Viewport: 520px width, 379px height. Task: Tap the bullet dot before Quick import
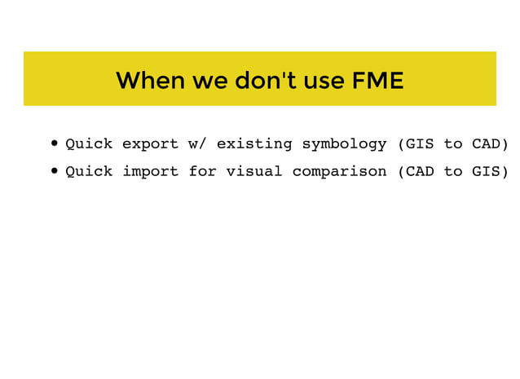(54, 172)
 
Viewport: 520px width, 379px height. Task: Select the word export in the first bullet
(150, 144)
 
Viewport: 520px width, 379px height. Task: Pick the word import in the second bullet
(150, 171)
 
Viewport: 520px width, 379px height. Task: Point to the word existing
(253, 144)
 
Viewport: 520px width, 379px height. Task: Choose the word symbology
(344, 144)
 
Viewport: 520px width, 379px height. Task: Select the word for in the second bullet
(202, 171)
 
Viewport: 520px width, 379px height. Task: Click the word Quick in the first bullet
(89, 144)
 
